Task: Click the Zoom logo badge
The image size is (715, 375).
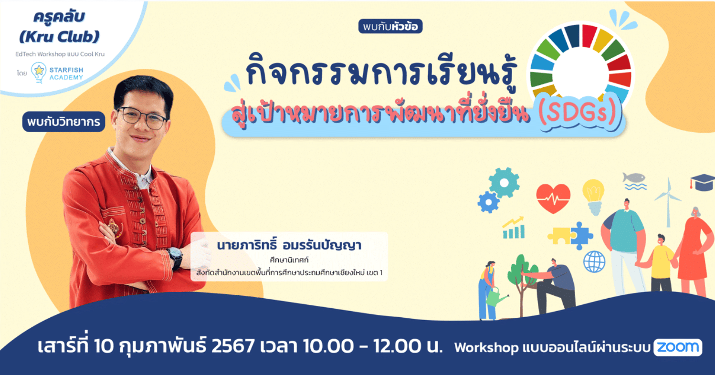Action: coord(678,347)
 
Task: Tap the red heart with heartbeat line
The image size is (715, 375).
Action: coord(553,198)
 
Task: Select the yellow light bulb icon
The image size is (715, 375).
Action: coord(593,196)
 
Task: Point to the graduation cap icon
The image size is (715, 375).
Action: coord(703,183)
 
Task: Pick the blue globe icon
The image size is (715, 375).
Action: coord(594,262)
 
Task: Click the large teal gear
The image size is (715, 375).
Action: coord(504,183)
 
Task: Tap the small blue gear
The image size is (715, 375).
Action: coord(488,202)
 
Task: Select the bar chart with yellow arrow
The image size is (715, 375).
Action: coord(514,228)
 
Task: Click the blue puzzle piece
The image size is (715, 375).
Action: coord(581,236)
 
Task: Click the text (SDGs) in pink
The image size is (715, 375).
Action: coord(578,112)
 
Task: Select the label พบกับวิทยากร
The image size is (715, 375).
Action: coord(63,122)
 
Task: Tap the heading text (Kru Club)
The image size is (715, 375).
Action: coord(59,37)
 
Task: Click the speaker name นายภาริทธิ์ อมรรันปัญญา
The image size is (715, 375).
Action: coord(289,245)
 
